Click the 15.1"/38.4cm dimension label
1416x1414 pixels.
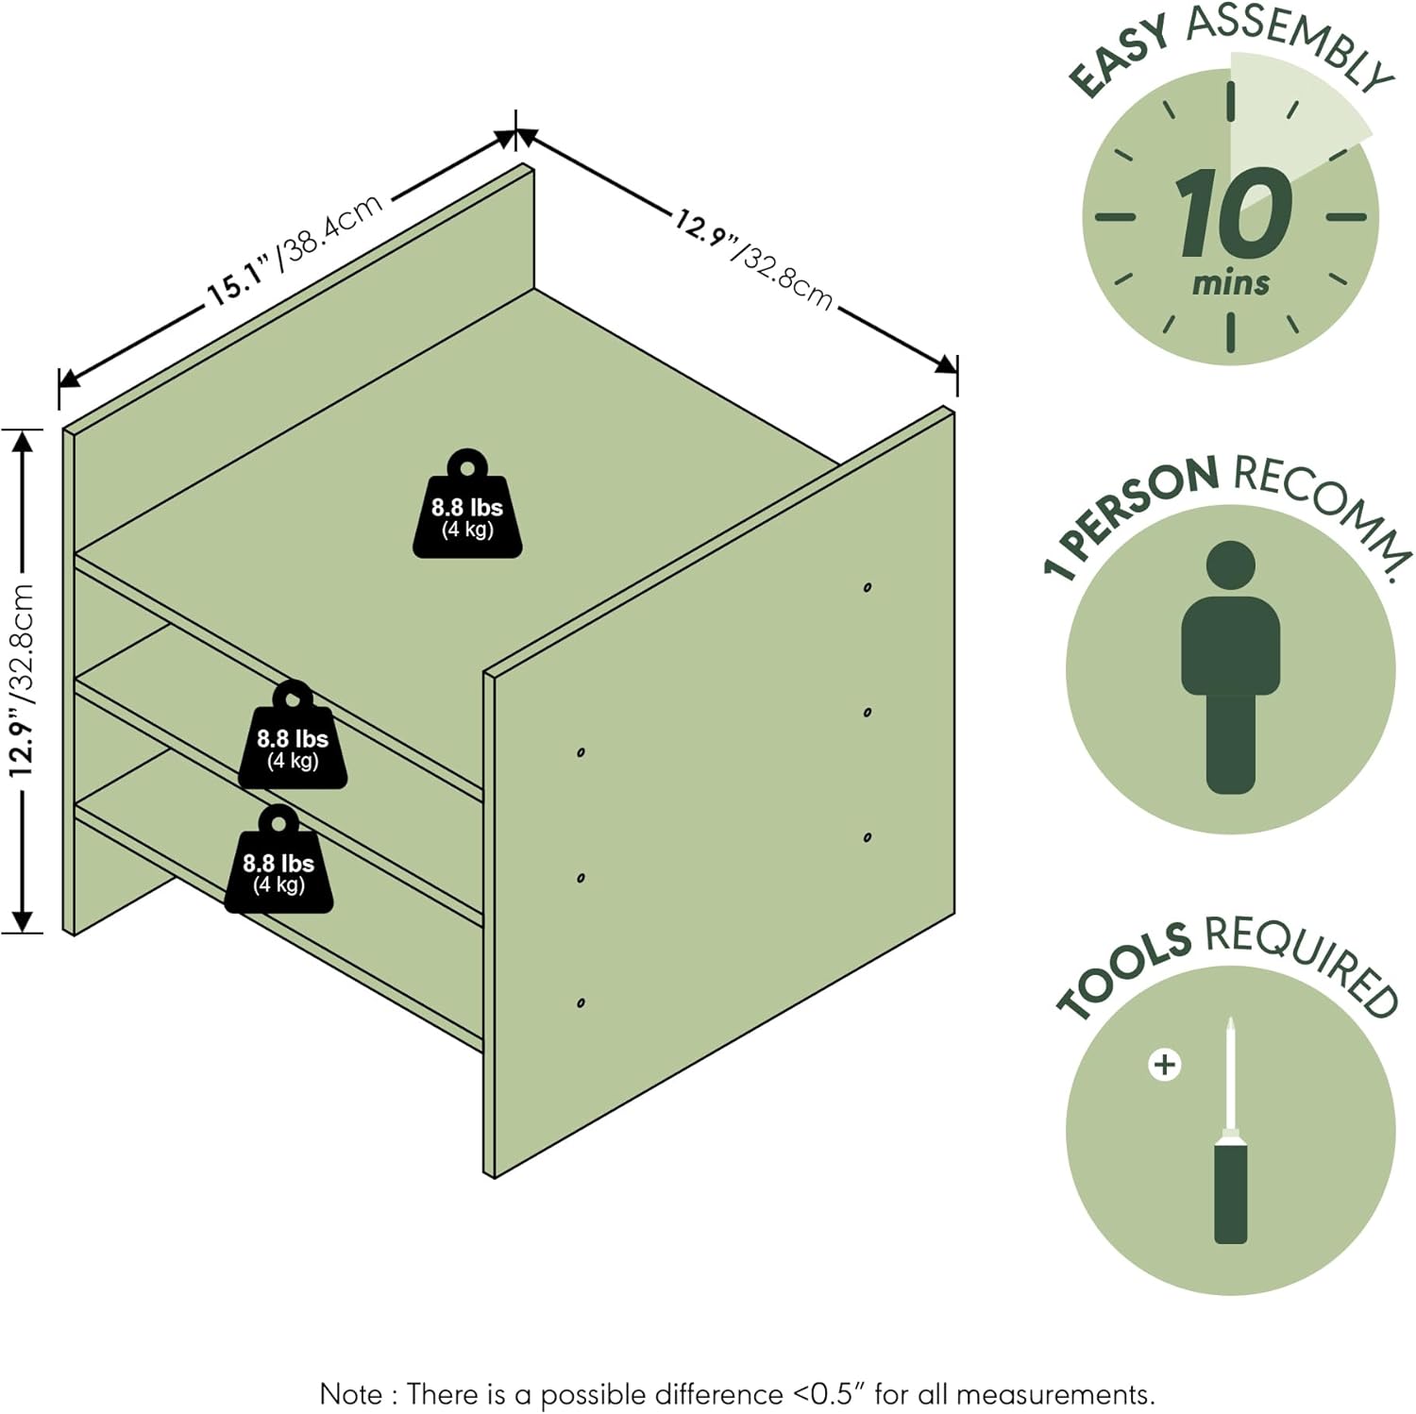(295, 249)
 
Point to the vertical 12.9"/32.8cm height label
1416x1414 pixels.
(22, 680)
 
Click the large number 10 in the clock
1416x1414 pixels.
(1232, 214)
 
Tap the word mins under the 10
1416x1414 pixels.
(1230, 282)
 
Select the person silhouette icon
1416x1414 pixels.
(1230, 666)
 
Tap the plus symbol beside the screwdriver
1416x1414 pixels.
(1164, 1065)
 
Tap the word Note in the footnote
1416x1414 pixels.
(351, 1394)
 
